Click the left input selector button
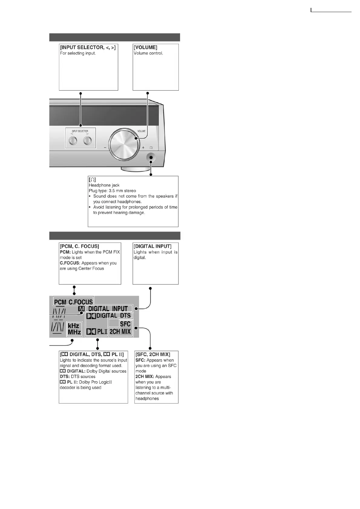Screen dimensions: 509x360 click(73, 141)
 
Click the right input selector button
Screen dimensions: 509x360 click(88, 141)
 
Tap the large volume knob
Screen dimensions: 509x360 click(124, 145)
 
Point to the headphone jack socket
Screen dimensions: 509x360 click(151, 157)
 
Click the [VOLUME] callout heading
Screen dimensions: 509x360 click(146, 47)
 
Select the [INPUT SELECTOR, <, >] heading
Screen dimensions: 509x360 click(88, 47)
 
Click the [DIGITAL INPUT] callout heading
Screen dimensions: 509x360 click(152, 246)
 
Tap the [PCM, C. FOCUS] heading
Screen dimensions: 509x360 click(80, 246)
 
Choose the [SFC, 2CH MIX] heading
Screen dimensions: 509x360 click(153, 354)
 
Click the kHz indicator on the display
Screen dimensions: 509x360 click(74, 326)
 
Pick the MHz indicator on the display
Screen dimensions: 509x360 click(74, 332)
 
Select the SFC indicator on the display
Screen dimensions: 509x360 click(125, 324)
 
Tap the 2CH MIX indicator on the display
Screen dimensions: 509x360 click(120, 332)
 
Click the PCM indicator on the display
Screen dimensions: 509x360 click(60, 302)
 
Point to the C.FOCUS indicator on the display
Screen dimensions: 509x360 click(81, 302)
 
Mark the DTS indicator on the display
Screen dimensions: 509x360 click(125, 316)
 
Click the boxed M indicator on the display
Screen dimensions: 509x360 click(81, 309)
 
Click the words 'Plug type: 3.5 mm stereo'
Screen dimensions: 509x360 click(112, 191)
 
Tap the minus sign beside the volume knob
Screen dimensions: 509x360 click(105, 148)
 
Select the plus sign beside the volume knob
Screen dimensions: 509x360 click(143, 148)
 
